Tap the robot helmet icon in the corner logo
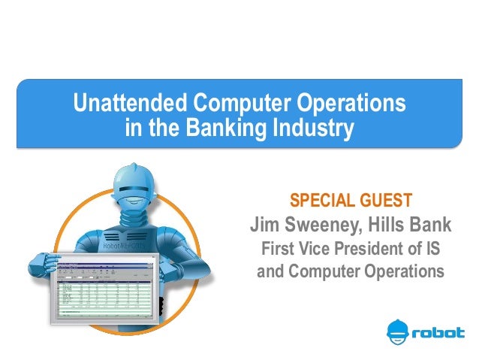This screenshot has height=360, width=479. [x=399, y=331]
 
